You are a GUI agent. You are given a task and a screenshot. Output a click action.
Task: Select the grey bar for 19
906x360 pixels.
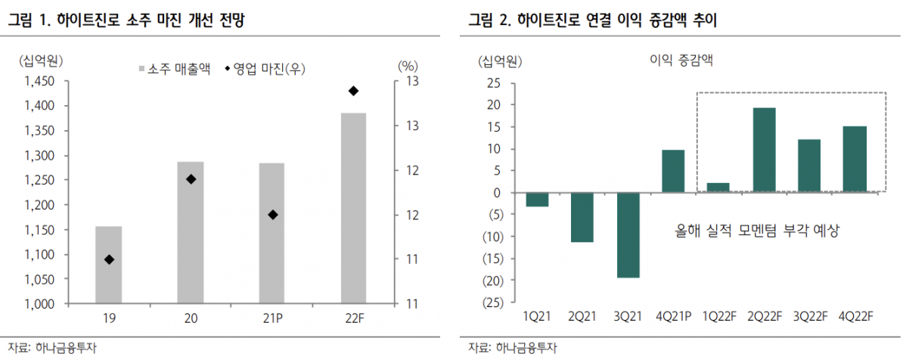tap(108, 265)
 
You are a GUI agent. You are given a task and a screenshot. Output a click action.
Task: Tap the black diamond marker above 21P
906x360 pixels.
tap(273, 215)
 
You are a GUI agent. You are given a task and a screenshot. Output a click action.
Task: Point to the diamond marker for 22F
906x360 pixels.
tap(353, 92)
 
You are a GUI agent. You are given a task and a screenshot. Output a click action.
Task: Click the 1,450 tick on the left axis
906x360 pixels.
tap(39, 81)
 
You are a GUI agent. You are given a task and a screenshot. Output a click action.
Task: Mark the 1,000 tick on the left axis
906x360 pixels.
tap(39, 303)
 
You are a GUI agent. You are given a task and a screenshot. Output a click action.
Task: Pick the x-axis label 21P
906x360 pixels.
tap(272, 318)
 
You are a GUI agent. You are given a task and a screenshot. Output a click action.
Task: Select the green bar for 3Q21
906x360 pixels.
tap(628, 235)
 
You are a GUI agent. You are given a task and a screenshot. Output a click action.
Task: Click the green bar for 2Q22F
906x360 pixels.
tap(765, 150)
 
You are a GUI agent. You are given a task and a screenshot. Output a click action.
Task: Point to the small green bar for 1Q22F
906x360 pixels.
tap(718, 188)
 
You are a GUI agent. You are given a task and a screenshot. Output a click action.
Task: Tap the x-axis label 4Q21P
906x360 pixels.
tap(673, 317)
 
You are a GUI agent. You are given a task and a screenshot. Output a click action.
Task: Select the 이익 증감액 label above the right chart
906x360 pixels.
tap(681, 61)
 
